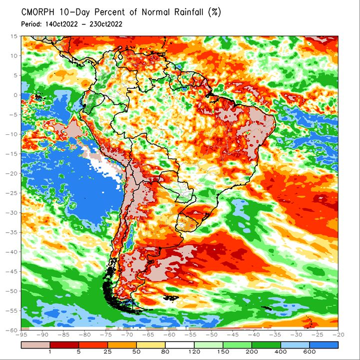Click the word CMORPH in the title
point(37,12)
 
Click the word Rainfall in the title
point(189,12)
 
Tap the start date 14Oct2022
point(61,24)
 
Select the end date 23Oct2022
point(106,24)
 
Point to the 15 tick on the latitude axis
point(14,36)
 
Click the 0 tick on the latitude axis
point(15,95)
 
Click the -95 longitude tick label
point(21,335)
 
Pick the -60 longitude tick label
point(169,335)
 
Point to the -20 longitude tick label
point(339,335)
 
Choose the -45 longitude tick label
point(233,335)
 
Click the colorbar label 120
point(194,352)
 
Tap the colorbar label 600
point(310,352)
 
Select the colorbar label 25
point(107,352)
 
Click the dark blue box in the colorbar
point(324,345)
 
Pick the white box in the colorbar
point(180,345)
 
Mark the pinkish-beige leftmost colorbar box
point(35,345)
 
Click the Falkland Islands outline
point(171,298)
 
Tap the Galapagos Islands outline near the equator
point(38,97)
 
